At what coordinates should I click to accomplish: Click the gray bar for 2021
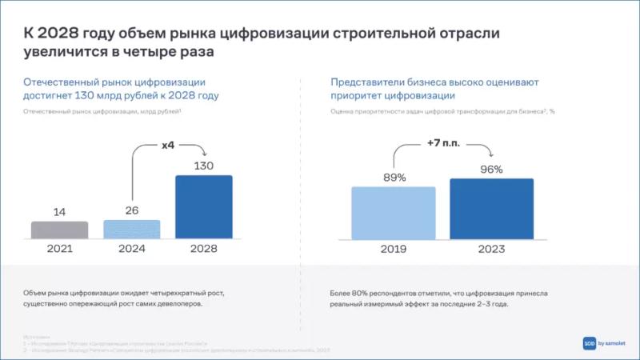pos(59,230)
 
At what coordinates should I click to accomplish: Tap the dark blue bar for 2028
pos(203,207)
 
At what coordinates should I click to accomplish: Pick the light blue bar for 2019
pos(394,213)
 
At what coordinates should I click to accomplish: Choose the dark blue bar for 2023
pos(491,209)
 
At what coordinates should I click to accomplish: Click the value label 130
pos(203,166)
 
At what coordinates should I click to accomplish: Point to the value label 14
pos(59,212)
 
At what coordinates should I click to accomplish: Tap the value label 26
pos(132,210)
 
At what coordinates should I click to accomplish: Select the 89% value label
pos(394,177)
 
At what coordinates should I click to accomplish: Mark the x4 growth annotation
pos(168,146)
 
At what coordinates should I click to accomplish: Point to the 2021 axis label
pos(59,249)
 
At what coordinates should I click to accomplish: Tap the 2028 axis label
pos(203,249)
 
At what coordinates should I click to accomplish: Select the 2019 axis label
pos(394,249)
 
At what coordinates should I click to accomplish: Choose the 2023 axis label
pos(491,249)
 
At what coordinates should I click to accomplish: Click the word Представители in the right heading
pos(368,82)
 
